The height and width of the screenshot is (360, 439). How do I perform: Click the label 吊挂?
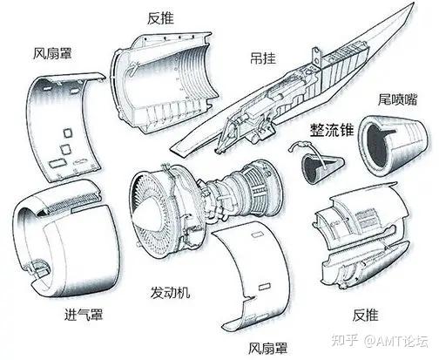click(263, 58)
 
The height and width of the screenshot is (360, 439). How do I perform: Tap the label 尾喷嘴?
click(397, 99)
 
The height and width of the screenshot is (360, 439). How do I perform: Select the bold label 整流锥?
click(332, 130)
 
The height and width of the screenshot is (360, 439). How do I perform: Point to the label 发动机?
click(170, 292)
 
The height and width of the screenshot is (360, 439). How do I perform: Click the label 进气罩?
click(84, 315)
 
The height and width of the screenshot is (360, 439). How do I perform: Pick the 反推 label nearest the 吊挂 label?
click(160, 18)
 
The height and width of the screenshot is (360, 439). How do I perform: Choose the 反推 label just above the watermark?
click(366, 315)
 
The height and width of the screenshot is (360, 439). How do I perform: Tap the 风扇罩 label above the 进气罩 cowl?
click(52, 54)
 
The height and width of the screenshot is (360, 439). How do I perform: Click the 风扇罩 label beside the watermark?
click(267, 348)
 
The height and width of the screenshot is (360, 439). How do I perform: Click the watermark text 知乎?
click(345, 340)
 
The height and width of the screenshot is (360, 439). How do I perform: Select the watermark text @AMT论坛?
click(396, 341)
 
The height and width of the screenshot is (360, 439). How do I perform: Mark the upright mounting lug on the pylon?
click(316, 57)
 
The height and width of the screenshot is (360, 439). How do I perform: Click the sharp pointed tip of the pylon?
click(414, 3)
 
